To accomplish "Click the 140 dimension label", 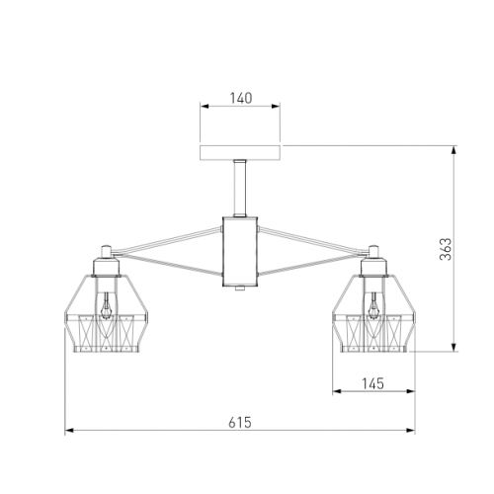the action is point(241,98).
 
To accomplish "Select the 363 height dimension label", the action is point(446,249).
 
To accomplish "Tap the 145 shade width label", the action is point(372,383).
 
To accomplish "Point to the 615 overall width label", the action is point(240,422).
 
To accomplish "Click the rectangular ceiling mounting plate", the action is point(240,153).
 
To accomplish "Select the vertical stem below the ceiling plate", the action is point(240,189).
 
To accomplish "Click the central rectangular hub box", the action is point(240,251).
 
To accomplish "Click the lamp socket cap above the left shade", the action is point(106,267).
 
